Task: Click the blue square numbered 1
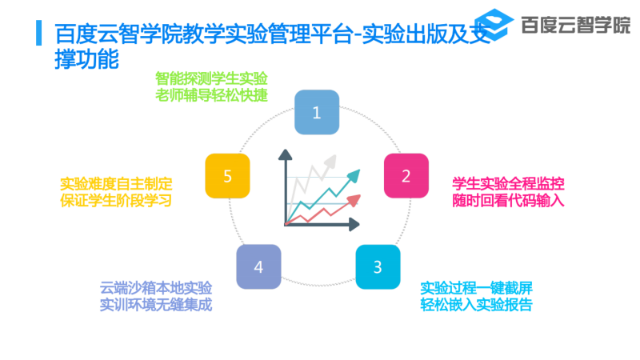tap(317, 112)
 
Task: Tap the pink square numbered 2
tap(406, 176)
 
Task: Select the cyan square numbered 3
tap(378, 267)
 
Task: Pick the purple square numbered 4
tap(258, 267)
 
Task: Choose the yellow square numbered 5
tap(227, 176)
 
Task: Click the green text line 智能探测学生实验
tap(211, 78)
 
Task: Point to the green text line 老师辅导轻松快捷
tap(211, 95)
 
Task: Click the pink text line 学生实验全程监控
tap(508, 184)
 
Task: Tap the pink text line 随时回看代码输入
tap(508, 201)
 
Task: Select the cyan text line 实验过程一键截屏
tap(476, 288)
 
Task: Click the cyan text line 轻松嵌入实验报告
tap(476, 305)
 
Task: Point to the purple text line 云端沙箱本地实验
tap(156, 288)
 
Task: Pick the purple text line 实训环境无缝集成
tap(156, 305)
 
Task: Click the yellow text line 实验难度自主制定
tap(116, 184)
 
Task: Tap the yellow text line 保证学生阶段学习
tap(116, 201)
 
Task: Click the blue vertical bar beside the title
tap(38, 33)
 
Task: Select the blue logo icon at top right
tap(494, 25)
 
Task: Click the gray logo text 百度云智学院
tap(576, 25)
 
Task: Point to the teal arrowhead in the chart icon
tap(354, 175)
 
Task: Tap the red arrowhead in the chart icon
tap(354, 201)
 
